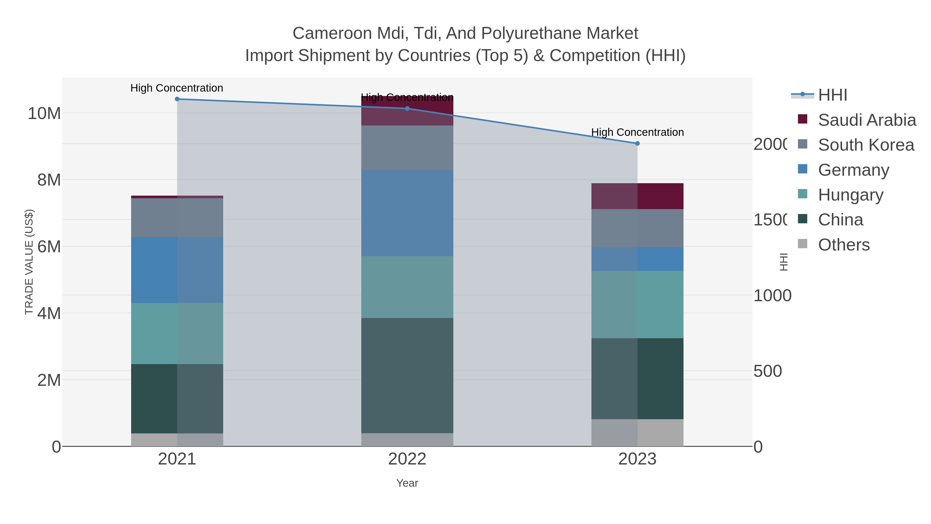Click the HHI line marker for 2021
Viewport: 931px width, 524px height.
tap(177, 99)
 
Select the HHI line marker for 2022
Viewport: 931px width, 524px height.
tap(407, 108)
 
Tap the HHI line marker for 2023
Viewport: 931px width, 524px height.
tap(637, 144)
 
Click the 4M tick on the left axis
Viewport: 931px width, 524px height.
tap(49, 313)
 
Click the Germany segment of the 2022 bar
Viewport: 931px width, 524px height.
tap(407, 213)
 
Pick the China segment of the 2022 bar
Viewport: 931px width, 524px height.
tap(407, 375)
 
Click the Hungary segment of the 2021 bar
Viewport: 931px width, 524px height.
tap(177, 334)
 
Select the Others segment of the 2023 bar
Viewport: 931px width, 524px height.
tap(637, 433)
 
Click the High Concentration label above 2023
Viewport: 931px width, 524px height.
tap(637, 132)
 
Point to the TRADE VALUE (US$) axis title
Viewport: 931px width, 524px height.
tap(29, 262)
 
